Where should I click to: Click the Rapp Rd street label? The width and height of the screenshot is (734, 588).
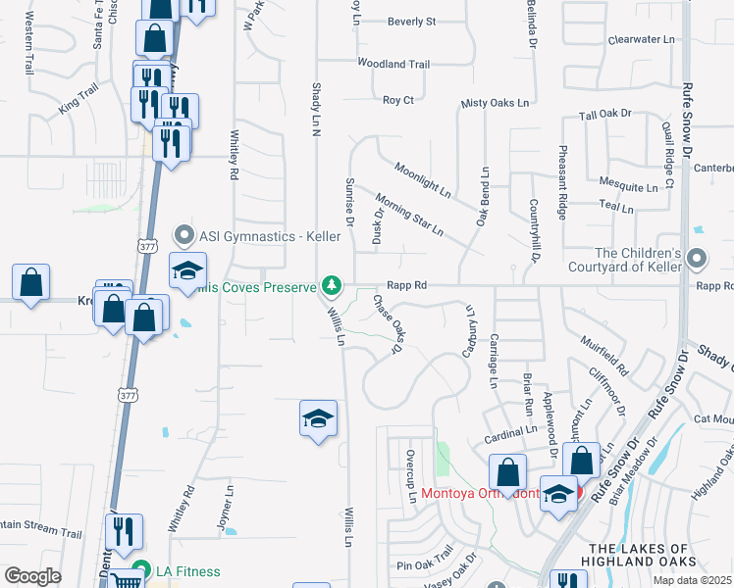pos(406,285)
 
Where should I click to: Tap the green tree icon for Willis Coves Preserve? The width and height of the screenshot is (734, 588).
pos(333,286)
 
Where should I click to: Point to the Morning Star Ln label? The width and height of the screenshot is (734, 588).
pos(409,219)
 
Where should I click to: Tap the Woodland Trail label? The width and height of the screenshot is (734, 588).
pos(393,64)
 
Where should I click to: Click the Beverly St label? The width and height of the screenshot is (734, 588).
pos(411,21)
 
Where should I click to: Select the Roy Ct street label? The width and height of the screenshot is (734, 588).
pos(397,100)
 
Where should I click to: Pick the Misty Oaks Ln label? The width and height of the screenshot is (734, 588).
pos(495,103)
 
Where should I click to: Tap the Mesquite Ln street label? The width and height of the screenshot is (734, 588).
pos(628,186)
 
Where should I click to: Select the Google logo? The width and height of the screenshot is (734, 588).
pos(32,576)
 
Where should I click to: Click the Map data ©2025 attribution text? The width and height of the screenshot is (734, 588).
pos(692,580)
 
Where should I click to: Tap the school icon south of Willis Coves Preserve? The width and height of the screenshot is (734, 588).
pos(318,418)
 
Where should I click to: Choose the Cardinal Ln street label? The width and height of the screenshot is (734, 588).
pos(510,429)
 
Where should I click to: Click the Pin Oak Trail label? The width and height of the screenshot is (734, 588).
pos(424,565)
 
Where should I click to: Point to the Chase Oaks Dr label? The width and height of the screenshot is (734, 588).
pos(388,323)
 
